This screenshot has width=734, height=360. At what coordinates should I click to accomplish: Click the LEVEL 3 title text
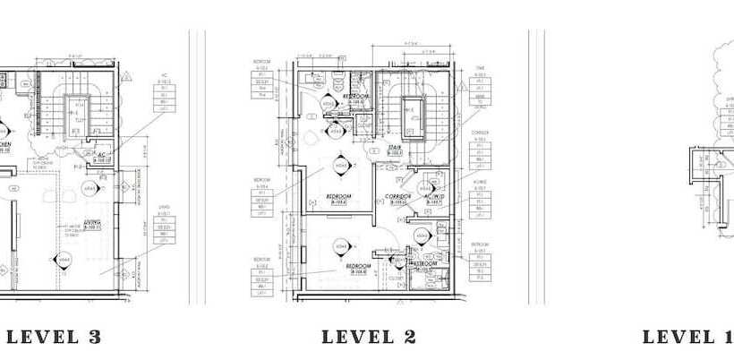[x=53, y=338]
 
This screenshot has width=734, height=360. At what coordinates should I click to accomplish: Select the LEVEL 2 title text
[x=370, y=338]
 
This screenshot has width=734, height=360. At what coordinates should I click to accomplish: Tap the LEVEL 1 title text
[x=687, y=338]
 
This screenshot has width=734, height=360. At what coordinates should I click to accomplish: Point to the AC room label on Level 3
[x=103, y=156]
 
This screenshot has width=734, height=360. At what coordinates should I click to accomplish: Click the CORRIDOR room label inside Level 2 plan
[x=397, y=198]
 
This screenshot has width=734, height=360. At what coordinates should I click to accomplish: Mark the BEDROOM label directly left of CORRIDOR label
[x=338, y=199]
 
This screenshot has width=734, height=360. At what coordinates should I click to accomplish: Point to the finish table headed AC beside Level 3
[x=165, y=94]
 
